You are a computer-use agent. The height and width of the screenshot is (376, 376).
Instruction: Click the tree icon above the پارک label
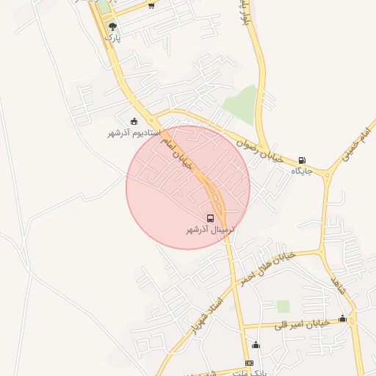[x=112, y=27]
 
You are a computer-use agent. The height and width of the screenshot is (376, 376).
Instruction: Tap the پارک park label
[x=112, y=37]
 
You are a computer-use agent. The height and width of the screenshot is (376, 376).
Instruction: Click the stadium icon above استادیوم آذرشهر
[x=134, y=122]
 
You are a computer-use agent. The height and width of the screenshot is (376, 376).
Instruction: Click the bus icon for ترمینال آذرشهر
[x=211, y=218]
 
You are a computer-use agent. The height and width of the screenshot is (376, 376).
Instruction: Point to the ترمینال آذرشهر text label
[x=210, y=230]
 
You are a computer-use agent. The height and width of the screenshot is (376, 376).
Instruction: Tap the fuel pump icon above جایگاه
[x=302, y=161]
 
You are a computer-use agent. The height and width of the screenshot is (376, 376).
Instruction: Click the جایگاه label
[x=302, y=171]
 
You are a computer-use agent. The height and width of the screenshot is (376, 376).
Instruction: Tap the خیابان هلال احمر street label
[x=265, y=265]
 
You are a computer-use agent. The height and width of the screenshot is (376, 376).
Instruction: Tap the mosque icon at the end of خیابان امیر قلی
[x=342, y=318]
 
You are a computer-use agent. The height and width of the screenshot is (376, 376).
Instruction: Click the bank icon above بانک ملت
[x=249, y=364]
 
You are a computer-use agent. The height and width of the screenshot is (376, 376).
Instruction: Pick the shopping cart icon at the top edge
[x=151, y=5]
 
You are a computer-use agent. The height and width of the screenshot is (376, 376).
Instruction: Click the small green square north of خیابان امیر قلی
[x=283, y=305]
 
